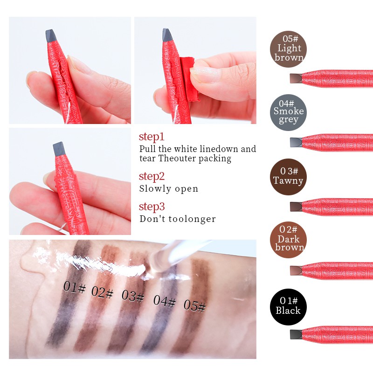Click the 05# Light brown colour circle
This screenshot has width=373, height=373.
pos(289,48)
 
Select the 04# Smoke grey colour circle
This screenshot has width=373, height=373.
pos(289,111)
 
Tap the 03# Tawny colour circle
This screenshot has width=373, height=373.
pos(288,177)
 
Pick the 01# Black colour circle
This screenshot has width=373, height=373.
pos(288,306)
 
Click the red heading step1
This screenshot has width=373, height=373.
pos(152,137)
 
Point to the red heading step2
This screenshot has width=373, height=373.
pos(152,176)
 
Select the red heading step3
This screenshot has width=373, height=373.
pos(152,207)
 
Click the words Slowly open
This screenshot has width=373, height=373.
pos(168,189)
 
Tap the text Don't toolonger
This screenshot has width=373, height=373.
pos(177,219)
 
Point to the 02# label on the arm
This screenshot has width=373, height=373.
pos(103,293)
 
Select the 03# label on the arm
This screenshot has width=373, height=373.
pos(132,296)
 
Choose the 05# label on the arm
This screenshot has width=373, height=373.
pos(194,305)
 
